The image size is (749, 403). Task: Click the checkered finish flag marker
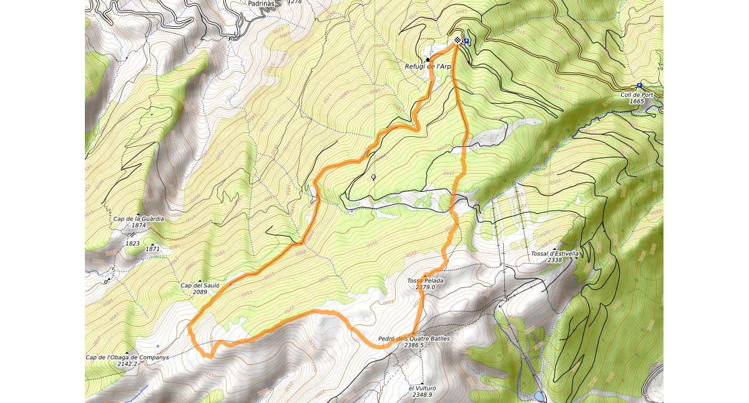pyautogui.click(x=458, y=41)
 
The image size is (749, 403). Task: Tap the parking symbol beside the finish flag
pyautogui.click(x=466, y=42)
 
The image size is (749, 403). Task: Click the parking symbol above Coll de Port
pyautogui.click(x=639, y=86)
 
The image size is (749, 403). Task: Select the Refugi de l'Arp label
pyautogui.click(x=428, y=66)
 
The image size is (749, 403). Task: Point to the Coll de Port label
pyautogui.click(x=637, y=95)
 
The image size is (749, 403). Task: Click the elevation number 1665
pyautogui.click(x=637, y=101)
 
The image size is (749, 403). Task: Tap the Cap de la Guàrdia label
pyautogui.click(x=139, y=219)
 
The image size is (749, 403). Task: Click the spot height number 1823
pyautogui.click(x=132, y=244)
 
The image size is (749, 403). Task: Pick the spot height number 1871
pyautogui.click(x=153, y=249)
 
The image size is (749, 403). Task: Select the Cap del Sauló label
pyautogui.click(x=200, y=286)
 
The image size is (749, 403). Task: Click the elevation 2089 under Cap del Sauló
pyautogui.click(x=200, y=292)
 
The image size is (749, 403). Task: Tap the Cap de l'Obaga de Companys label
pyautogui.click(x=127, y=357)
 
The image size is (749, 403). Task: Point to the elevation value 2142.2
pyautogui.click(x=126, y=364)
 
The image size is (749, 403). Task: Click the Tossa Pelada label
pyautogui.click(x=425, y=281)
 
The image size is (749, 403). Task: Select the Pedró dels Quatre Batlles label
pyautogui.click(x=414, y=339)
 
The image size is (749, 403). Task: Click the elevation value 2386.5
pyautogui.click(x=414, y=345)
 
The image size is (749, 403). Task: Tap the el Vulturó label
pyautogui.click(x=422, y=388)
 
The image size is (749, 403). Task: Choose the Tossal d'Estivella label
pyautogui.click(x=555, y=254)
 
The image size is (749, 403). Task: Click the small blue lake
pyautogui.click(x=539, y=396)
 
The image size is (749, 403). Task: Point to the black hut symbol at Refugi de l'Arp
pyautogui.click(x=428, y=60)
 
